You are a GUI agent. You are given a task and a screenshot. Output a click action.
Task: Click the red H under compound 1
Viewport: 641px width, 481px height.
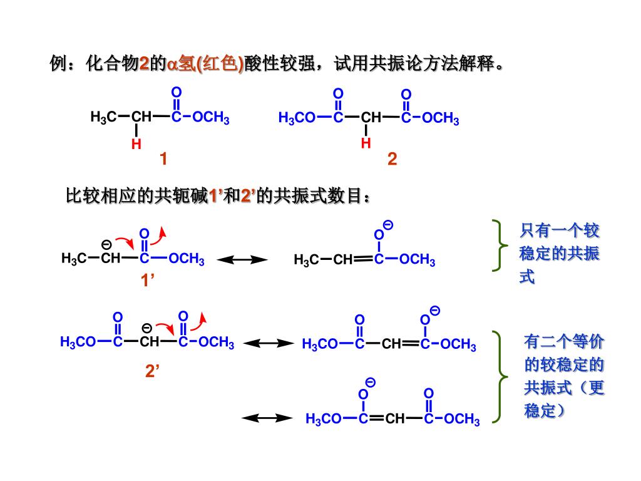(x=136, y=145)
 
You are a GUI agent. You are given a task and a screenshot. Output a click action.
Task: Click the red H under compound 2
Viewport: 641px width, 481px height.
(x=366, y=143)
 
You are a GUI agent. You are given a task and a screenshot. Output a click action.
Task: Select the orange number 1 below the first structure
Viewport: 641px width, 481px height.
(x=163, y=160)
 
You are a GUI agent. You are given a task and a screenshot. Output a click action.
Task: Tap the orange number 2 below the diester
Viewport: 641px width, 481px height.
(x=392, y=160)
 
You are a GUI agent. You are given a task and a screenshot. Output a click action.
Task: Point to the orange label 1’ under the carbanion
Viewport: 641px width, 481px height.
(x=147, y=281)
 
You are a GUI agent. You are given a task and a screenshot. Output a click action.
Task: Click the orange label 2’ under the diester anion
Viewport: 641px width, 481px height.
(x=153, y=371)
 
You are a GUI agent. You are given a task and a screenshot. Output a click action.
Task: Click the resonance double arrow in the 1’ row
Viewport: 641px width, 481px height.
(x=242, y=259)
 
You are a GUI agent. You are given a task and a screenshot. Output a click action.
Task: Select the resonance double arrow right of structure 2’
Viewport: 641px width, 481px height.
(x=269, y=343)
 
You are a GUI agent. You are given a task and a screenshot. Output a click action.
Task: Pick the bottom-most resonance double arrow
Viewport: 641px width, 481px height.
(x=268, y=418)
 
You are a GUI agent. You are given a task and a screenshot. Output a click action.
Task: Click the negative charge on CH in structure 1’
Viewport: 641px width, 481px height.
(x=106, y=244)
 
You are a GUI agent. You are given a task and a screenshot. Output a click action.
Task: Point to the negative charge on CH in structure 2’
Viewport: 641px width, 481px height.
(x=146, y=328)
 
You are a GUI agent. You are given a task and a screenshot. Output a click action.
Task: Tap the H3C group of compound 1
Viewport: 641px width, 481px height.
(x=103, y=117)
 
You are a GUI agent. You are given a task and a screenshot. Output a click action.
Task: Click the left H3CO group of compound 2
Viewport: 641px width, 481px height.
(x=297, y=118)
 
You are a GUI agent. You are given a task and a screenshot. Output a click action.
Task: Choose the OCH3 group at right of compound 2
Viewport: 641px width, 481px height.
(x=441, y=118)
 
